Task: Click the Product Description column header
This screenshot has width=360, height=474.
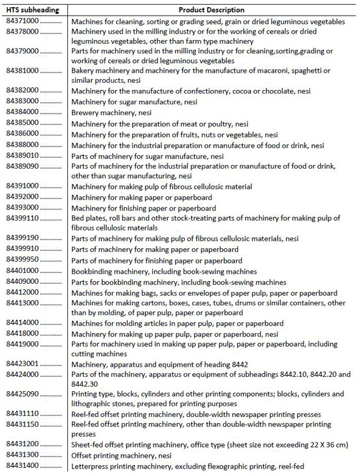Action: coord(211,10)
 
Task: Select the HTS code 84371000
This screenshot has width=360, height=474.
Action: coord(22,20)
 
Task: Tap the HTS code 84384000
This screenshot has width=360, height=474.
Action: coord(22,112)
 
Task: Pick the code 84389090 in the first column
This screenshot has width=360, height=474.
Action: coord(22,166)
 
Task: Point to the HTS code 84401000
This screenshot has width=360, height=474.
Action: coord(22,271)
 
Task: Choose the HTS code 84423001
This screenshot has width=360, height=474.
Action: coord(22,364)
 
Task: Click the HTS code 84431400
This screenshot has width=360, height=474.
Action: coord(22,466)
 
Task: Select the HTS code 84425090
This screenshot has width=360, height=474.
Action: coord(22,394)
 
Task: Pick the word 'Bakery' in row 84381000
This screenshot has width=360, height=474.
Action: coord(83,71)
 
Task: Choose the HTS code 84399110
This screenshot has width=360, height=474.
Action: coord(22,218)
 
